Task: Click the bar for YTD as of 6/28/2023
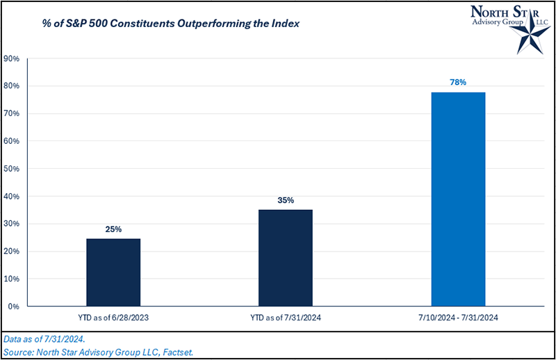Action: [x=113, y=272]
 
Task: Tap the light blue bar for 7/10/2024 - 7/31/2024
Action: [x=458, y=199]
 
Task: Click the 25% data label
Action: [x=113, y=229]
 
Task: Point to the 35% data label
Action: [x=286, y=200]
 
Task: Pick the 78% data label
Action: [x=458, y=82]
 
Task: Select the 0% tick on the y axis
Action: [x=13, y=306]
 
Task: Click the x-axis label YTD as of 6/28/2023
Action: [x=113, y=318]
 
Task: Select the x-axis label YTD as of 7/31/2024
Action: [x=286, y=318]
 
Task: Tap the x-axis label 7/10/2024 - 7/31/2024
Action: [x=458, y=318]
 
